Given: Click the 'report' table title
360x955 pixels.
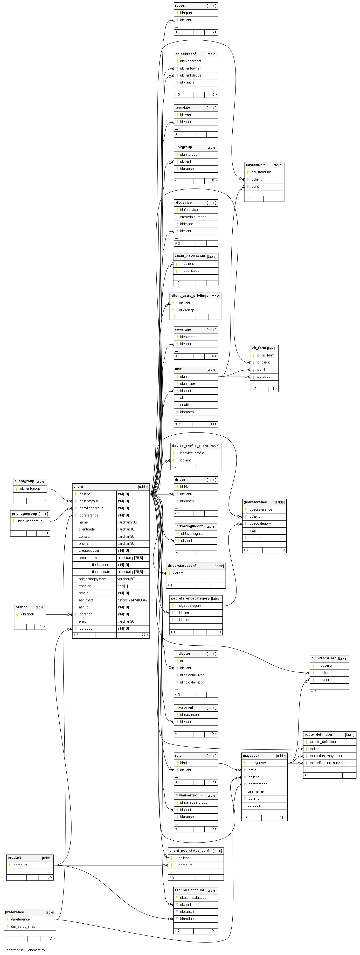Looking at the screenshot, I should pos(180,6).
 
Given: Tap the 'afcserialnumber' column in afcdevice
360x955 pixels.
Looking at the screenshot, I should pos(193,217).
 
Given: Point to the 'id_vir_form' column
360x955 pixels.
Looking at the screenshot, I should pos(265,355).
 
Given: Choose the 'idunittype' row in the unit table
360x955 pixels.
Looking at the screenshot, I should pos(187,383).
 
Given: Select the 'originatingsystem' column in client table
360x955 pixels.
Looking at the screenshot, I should pos(92,579).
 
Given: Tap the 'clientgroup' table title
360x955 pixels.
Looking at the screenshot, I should pos(24,481).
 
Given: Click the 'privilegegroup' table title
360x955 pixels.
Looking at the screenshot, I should pos(24,514).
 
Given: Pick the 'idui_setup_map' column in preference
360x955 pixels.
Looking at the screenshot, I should pos(23,927).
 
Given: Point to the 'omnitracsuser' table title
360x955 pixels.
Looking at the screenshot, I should pos(323,658).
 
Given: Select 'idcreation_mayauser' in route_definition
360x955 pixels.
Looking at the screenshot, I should pos(326,756).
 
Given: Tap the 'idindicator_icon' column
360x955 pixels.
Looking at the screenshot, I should pos(192,682).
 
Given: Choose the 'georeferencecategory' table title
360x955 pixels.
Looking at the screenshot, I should pos(190,598).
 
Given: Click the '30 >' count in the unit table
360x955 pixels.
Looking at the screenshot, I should pos(213,424).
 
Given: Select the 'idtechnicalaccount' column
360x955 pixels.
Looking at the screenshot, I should pos(195,898).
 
